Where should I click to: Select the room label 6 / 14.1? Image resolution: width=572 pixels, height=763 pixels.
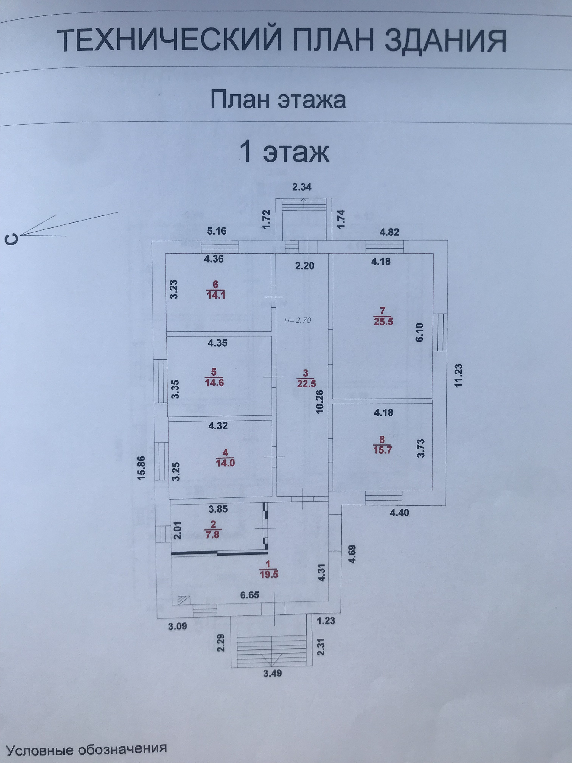click(x=216, y=290)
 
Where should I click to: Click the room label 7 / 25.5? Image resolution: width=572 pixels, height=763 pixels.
click(x=383, y=316)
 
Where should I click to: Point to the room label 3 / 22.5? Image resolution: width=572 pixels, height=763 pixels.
click(x=306, y=379)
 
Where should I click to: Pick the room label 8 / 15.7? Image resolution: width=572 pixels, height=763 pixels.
click(x=382, y=445)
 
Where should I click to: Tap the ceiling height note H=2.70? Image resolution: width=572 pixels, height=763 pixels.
click(x=298, y=320)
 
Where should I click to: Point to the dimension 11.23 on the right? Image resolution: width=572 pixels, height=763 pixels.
click(x=458, y=376)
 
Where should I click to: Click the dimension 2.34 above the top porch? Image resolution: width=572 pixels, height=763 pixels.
click(x=302, y=187)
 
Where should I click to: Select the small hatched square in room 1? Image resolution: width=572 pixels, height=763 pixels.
click(x=183, y=600)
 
